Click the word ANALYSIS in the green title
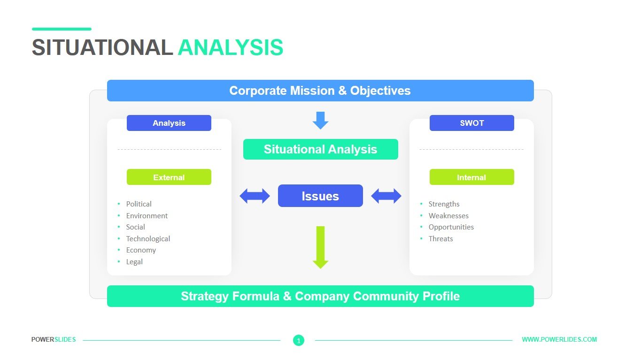231,47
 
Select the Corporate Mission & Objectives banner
320,91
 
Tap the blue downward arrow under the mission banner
320,120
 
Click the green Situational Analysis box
320,149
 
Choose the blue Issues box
320,196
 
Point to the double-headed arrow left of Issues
255,196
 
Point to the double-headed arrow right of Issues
386,196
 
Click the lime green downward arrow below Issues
320,247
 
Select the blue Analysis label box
169,123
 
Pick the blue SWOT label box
471,123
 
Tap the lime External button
169,177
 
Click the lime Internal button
471,177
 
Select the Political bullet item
139,204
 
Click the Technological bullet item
148,238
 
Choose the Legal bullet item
134,261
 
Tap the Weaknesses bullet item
448,215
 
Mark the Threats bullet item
440,238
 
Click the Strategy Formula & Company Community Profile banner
320,296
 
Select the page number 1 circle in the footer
299,340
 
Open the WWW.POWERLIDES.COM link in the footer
559,339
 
